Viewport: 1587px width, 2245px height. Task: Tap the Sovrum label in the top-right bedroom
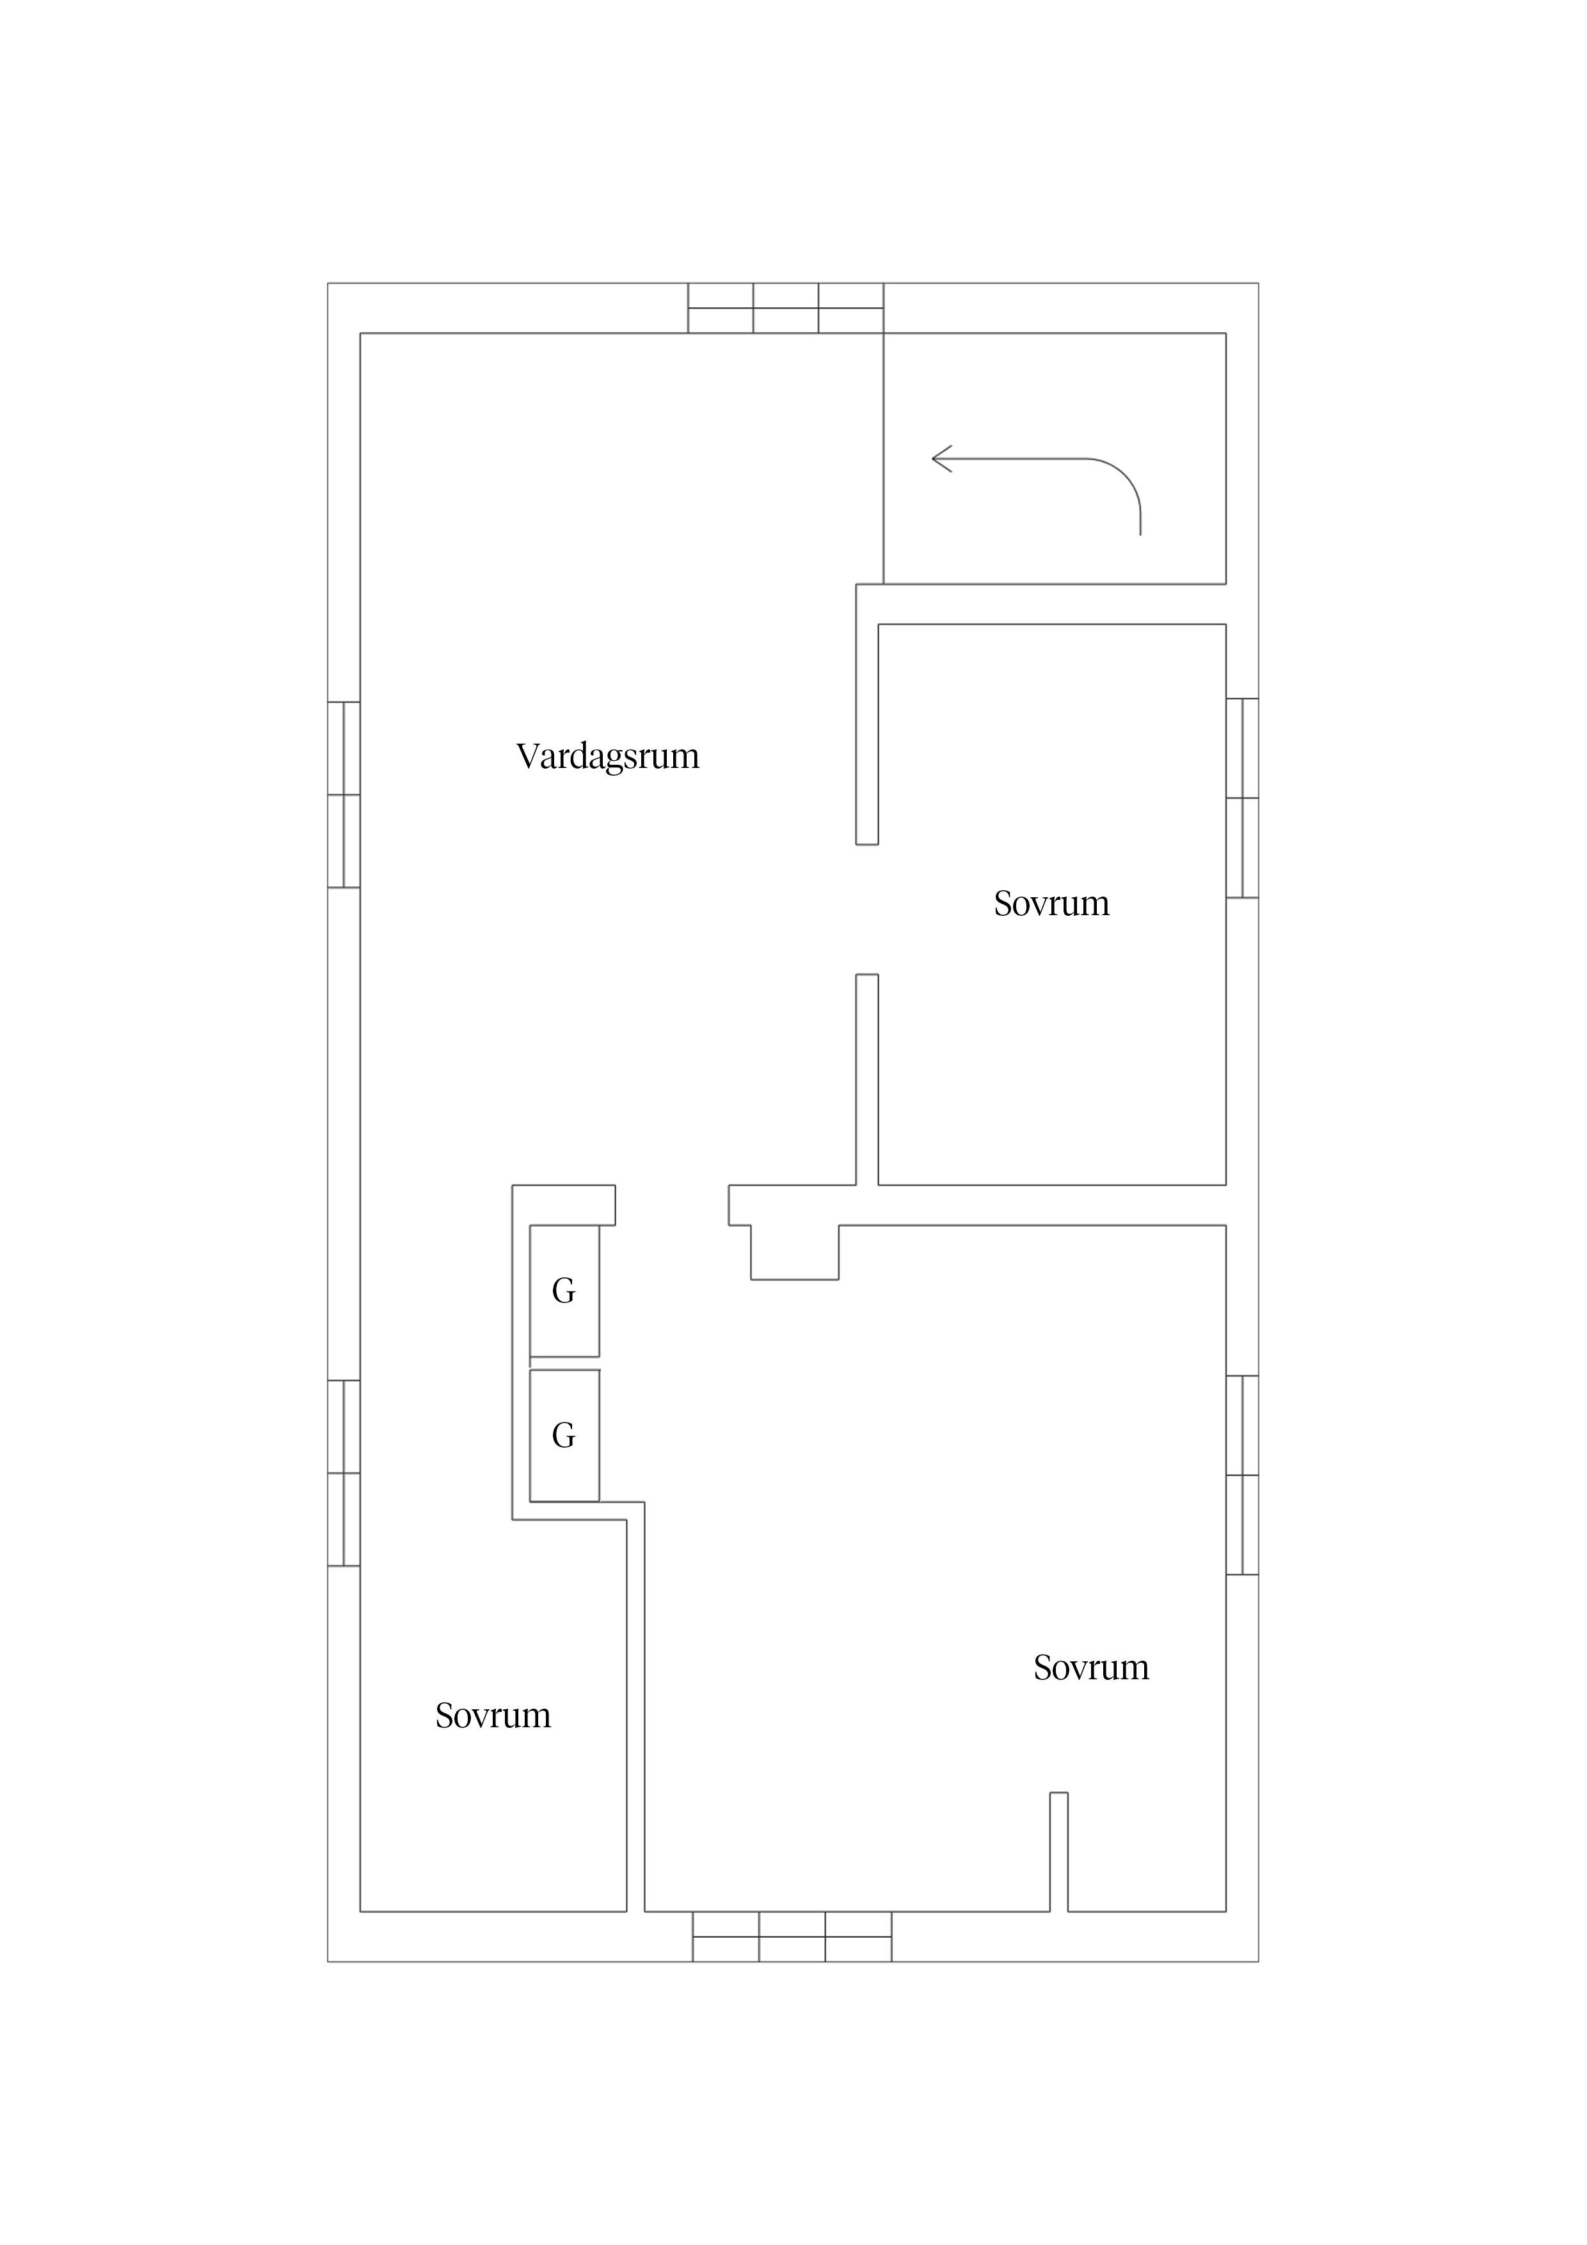[x=1051, y=904]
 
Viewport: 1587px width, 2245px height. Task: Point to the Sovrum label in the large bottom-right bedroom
[x=1090, y=1667]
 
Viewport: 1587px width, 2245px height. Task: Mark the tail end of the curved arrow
[x=1140, y=533]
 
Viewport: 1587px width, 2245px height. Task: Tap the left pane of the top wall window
[x=720, y=308]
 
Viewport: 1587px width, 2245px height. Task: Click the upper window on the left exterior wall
[x=343, y=794]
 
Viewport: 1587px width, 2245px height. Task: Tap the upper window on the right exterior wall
[x=1242, y=798]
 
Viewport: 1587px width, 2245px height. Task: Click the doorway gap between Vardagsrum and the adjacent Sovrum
[x=866, y=909]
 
